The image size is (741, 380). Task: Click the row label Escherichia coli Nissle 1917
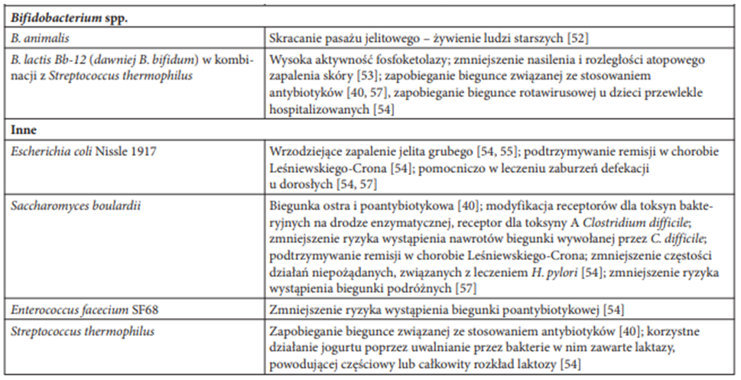pyautogui.click(x=83, y=150)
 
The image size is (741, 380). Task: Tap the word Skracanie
pyautogui.click(x=295, y=37)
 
